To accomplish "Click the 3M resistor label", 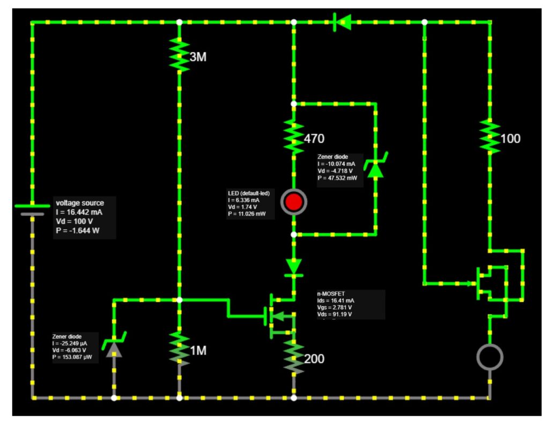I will (x=198, y=57).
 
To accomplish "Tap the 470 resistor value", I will (x=314, y=138).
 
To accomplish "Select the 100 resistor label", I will (x=510, y=138).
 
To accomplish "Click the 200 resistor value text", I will (x=314, y=359).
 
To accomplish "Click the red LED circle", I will (x=294, y=202).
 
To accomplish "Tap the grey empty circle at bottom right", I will (x=489, y=357).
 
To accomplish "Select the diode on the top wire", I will (x=341, y=23).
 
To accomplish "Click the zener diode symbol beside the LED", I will (x=375, y=167).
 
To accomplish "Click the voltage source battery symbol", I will (x=32, y=209).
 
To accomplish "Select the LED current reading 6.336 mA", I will (x=248, y=199).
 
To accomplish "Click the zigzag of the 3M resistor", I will (x=179, y=54).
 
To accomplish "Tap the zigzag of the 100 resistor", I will (x=489, y=137).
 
